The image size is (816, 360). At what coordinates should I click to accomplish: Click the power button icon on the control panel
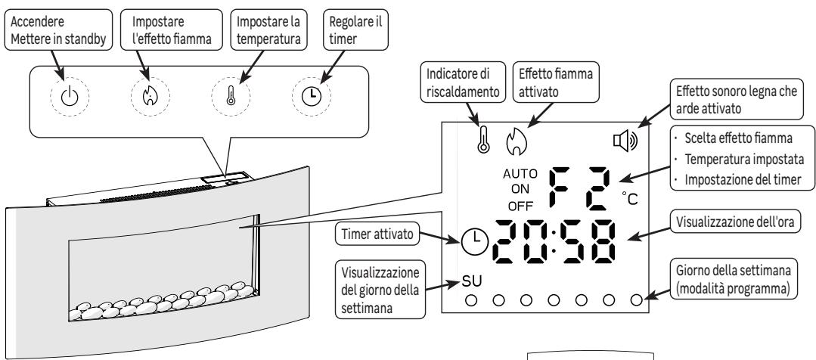[x=70, y=97]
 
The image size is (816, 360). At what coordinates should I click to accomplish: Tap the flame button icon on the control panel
[x=150, y=96]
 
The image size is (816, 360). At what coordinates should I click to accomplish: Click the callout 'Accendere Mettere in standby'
[x=58, y=29]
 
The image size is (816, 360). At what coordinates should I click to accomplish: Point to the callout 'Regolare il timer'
[x=356, y=29]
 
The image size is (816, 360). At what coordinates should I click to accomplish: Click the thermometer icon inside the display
[x=483, y=139]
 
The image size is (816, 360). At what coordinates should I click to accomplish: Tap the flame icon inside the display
[x=517, y=141]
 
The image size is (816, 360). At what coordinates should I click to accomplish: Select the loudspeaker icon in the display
[x=625, y=141]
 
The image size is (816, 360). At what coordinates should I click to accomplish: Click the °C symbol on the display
[x=630, y=198]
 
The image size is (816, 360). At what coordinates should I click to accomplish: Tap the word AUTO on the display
[x=520, y=174]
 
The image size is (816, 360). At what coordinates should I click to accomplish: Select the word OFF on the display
[x=520, y=206]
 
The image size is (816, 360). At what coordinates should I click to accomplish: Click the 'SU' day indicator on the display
[x=472, y=281]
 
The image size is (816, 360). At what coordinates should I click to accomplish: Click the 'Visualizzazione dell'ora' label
[x=735, y=222]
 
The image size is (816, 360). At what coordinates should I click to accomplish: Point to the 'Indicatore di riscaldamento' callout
[x=463, y=82]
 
